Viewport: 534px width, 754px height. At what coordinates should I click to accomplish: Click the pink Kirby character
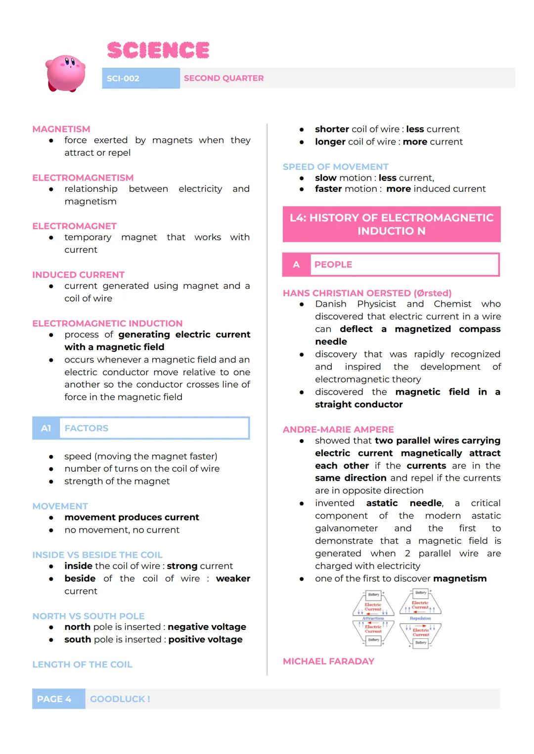click(x=65, y=73)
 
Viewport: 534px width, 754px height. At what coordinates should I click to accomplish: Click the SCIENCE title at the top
click(x=158, y=50)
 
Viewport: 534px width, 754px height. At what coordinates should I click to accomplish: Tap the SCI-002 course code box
click(x=140, y=78)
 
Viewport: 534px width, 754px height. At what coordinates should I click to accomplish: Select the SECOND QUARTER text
click(x=223, y=78)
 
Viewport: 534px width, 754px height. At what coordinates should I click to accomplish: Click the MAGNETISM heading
click(x=61, y=129)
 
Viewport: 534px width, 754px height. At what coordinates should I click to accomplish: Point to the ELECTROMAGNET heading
click(x=74, y=226)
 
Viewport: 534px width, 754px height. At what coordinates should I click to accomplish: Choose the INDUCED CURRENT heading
click(x=78, y=274)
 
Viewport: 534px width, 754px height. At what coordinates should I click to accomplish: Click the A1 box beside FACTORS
click(x=46, y=428)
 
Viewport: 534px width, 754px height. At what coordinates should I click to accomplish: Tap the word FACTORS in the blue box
click(x=87, y=428)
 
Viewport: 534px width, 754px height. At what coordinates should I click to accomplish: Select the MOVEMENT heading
click(x=60, y=506)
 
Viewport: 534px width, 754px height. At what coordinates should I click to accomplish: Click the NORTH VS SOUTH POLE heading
click(x=89, y=616)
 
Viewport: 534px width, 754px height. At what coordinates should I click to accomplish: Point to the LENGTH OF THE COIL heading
click(x=82, y=665)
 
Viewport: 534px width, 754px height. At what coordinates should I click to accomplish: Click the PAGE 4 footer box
click(x=54, y=699)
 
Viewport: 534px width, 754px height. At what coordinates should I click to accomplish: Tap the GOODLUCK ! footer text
click(x=120, y=699)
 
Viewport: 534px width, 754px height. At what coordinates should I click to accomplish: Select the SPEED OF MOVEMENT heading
click(x=335, y=167)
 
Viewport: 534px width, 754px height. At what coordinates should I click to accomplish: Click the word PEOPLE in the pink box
click(x=333, y=265)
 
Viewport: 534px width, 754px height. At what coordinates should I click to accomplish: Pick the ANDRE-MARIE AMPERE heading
click(x=338, y=430)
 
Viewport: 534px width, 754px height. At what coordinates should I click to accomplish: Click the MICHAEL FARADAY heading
click(x=328, y=662)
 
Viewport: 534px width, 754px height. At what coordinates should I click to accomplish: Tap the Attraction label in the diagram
click(x=373, y=618)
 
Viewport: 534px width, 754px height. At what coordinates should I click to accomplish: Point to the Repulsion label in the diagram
click(x=420, y=618)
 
